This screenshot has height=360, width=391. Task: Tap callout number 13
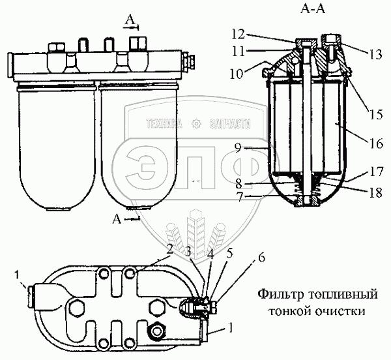(x=375, y=55)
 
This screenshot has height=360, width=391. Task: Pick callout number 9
(x=239, y=149)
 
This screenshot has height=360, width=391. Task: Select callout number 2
(x=169, y=248)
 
